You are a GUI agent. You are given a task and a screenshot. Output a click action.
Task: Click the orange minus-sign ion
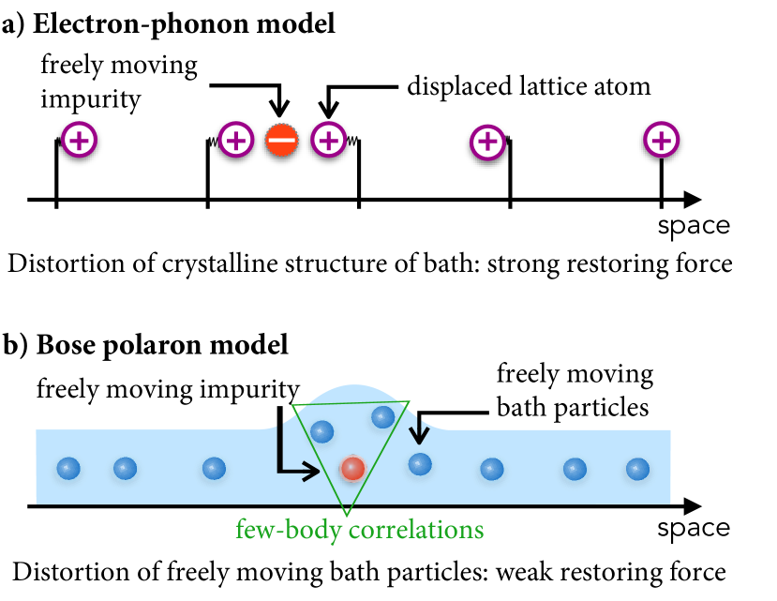click(x=281, y=141)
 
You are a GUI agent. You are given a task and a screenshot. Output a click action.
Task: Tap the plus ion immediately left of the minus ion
click(x=236, y=141)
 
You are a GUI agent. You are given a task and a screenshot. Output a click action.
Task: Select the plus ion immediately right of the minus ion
click(x=328, y=141)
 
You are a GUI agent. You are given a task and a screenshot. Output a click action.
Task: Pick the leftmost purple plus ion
click(x=80, y=141)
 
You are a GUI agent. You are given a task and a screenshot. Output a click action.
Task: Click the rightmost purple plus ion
click(x=661, y=141)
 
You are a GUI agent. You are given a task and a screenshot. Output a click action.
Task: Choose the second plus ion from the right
click(x=487, y=143)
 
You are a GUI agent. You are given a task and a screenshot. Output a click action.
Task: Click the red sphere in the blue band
click(x=352, y=469)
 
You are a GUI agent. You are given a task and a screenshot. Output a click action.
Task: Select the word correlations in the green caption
click(x=415, y=531)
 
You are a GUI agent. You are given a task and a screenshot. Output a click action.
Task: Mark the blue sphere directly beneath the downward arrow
click(x=419, y=464)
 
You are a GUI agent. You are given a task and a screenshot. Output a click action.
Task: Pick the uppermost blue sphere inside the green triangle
click(x=382, y=417)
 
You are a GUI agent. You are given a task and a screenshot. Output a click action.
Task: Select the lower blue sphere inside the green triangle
click(x=321, y=432)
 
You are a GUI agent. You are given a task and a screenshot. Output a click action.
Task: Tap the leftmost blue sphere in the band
click(x=67, y=469)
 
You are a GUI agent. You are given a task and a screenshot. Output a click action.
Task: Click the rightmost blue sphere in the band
click(x=637, y=469)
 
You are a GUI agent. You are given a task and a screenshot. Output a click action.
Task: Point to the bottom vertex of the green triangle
click(x=346, y=516)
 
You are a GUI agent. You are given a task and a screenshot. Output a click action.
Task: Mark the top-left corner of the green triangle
click(x=292, y=405)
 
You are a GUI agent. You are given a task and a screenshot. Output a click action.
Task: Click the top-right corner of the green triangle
click(x=410, y=401)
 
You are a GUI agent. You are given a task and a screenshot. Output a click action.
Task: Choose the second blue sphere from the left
click(x=125, y=469)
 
